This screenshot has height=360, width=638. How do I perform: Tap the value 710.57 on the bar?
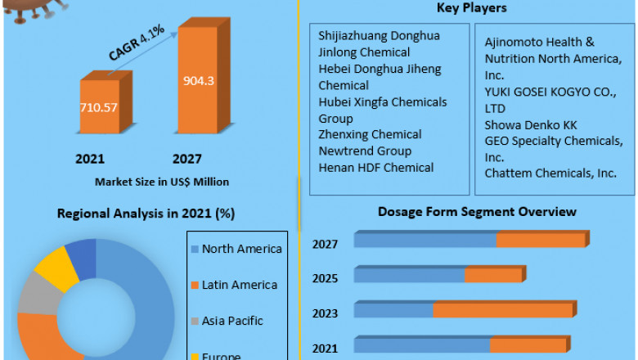point(99,107)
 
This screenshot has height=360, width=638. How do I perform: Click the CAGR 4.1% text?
point(137,43)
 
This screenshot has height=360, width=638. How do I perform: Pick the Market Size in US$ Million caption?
point(162,182)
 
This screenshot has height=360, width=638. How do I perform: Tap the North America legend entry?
point(241,249)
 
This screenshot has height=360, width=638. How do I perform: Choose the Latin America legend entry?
point(239,285)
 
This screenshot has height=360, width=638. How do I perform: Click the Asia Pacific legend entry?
point(232,321)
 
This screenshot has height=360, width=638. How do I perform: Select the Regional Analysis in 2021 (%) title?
point(146,214)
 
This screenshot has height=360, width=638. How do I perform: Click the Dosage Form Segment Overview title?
point(477,212)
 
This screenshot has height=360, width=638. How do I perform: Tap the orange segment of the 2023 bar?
point(504,310)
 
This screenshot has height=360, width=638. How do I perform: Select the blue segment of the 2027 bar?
point(425,240)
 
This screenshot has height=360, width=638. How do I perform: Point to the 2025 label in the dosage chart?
point(326,278)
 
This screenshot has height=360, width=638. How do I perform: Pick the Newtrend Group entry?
point(365,151)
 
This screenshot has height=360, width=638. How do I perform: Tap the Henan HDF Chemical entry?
point(376,167)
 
